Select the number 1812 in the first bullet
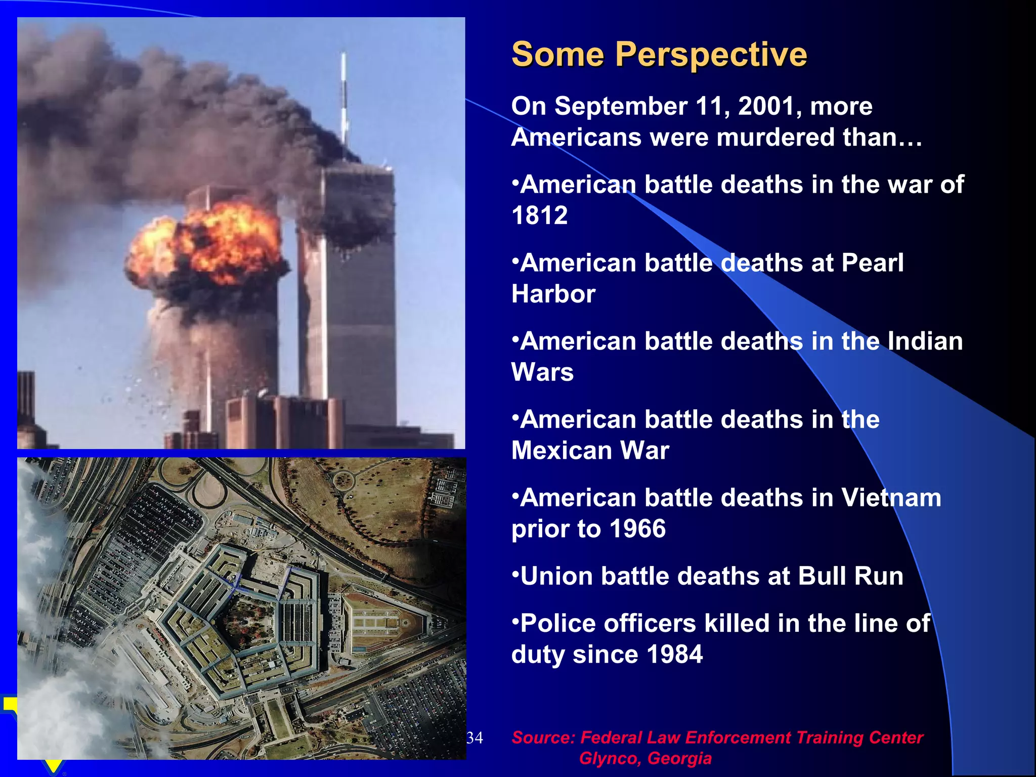[x=539, y=216]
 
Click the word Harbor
[x=553, y=294]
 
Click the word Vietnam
[x=891, y=498]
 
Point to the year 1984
[x=674, y=655]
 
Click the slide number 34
[x=474, y=738]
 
